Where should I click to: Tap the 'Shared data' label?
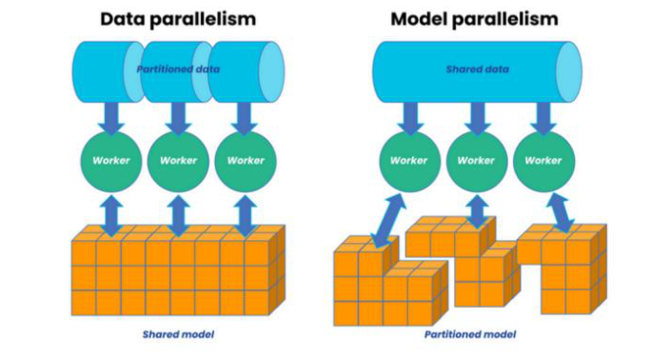477,69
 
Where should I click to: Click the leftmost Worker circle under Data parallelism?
111,160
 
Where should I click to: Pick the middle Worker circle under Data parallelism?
178,160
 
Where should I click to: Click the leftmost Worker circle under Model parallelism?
409,160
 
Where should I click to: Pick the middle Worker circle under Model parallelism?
476,160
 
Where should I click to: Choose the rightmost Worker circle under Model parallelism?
543,160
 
